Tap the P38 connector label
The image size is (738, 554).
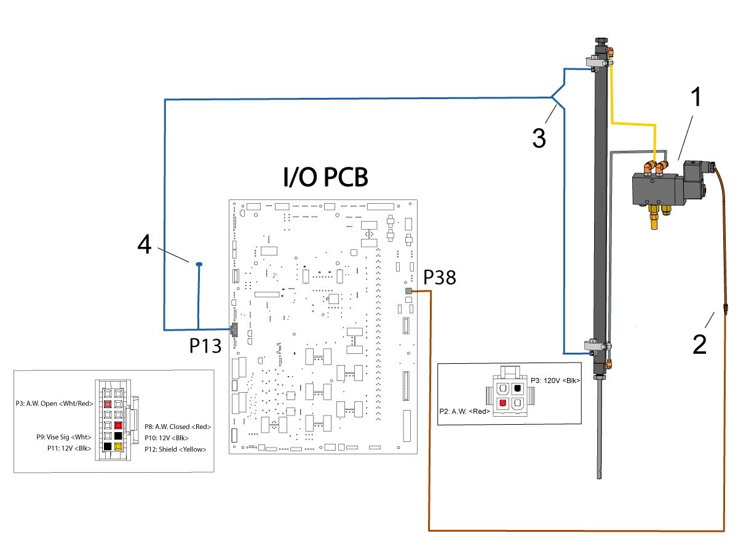click(x=439, y=278)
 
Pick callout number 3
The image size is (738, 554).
click(x=539, y=138)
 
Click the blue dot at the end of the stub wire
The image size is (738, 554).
click(x=199, y=264)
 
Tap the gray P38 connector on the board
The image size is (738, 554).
click(x=408, y=291)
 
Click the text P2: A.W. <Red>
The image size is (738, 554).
click(x=464, y=411)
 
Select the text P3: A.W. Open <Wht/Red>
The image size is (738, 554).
click(x=54, y=404)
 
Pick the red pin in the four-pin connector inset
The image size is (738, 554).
click(x=502, y=403)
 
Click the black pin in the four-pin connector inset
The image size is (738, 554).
click(x=518, y=388)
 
